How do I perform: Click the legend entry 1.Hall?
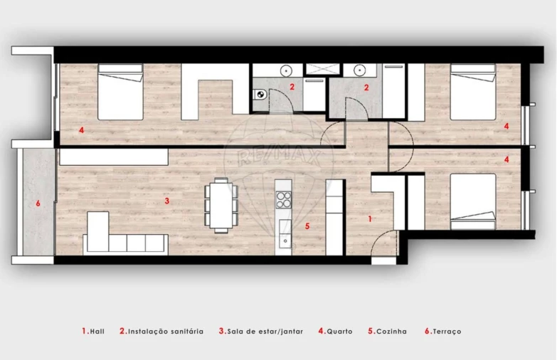pyautogui.click(x=92, y=332)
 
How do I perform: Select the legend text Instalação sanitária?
pyautogui.click(x=165, y=332)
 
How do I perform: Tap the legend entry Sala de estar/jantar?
pyautogui.click(x=265, y=332)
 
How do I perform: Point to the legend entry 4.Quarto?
pyautogui.click(x=335, y=332)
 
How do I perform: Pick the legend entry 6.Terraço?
pyautogui.click(x=443, y=332)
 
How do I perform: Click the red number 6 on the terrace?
pyautogui.click(x=38, y=203)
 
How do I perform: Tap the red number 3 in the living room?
pyautogui.click(x=166, y=201)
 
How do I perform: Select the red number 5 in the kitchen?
pyautogui.click(x=307, y=226)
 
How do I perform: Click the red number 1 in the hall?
pyautogui.click(x=370, y=219)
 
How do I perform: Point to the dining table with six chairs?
pyautogui.click(x=221, y=205)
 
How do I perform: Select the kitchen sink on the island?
pyautogui.click(x=284, y=240)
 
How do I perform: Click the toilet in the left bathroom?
pyautogui.click(x=260, y=94)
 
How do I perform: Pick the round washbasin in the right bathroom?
pyautogui.click(x=357, y=70)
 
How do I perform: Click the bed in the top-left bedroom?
pyautogui.click(x=120, y=91)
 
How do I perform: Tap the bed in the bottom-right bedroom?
pyautogui.click(x=472, y=201)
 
